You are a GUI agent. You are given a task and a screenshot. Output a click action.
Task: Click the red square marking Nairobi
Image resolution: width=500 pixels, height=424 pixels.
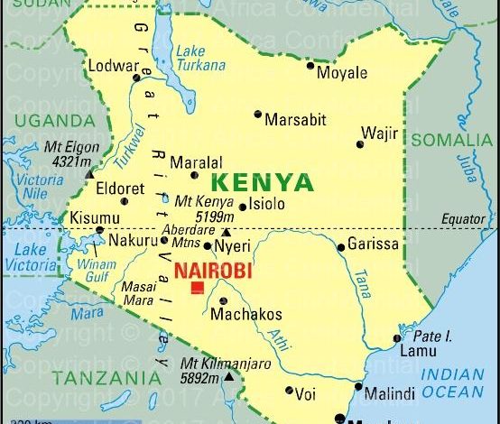click(197, 288)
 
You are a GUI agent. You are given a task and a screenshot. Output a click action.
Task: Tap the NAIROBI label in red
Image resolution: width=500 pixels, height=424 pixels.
click(212, 270)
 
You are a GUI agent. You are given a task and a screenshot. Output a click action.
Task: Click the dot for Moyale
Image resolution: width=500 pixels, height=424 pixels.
click(310, 66)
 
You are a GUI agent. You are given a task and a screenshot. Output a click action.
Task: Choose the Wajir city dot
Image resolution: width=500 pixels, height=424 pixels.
click(360, 143)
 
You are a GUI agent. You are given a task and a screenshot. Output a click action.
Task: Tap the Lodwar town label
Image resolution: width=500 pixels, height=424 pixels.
click(113, 65)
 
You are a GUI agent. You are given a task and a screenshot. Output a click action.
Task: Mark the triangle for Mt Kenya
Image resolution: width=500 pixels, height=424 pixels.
click(226, 232)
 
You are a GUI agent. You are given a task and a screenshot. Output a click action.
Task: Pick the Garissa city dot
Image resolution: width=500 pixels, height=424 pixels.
click(341, 247)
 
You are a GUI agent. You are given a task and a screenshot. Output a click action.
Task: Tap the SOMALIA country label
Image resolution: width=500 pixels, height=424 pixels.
click(451, 140)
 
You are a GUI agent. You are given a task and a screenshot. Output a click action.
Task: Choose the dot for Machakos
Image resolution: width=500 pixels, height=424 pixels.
click(223, 300)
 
